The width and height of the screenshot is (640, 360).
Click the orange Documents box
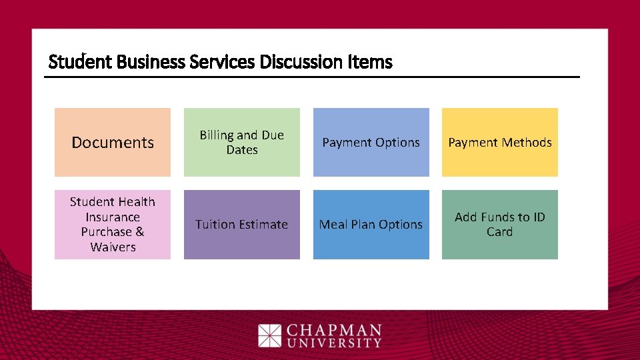tap(112, 142)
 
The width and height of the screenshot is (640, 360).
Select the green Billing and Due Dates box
tap(241, 142)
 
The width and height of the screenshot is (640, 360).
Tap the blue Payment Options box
tap(371, 142)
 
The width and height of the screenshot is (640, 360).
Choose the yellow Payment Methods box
tap(500, 142)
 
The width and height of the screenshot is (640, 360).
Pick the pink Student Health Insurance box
tap(112, 224)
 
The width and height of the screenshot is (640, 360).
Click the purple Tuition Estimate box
tap(241, 224)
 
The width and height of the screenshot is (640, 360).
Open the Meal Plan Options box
tap(371, 224)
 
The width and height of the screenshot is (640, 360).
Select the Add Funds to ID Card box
tap(500, 224)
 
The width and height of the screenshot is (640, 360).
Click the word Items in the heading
tap(370, 63)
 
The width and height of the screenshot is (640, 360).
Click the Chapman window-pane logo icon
tap(270, 335)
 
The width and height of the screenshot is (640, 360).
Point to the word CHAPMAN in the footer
tap(334, 331)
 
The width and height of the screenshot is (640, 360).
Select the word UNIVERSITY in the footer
tap(334, 343)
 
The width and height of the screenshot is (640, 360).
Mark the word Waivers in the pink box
tap(113, 247)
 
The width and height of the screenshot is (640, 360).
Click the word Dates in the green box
tap(242, 150)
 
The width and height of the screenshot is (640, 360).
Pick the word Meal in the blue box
tap(334, 225)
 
